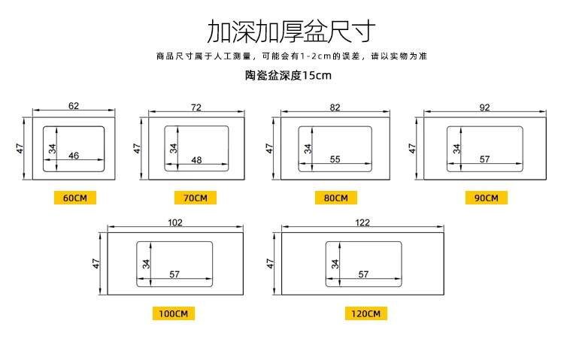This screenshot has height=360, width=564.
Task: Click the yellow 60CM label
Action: tap(75, 198)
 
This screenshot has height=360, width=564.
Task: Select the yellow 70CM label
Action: tap(195, 198)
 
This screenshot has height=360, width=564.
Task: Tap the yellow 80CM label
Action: tap(335, 198)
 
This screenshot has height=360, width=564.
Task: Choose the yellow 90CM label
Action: tap(486, 198)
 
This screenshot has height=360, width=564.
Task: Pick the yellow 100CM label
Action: tap(174, 313)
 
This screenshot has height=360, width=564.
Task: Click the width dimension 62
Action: tap(73, 106)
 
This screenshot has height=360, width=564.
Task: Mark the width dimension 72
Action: tap(196, 107)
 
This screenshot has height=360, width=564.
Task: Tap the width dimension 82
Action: tap(335, 107)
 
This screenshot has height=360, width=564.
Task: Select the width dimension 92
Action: tap(485, 107)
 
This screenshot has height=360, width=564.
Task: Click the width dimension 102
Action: tap(175, 222)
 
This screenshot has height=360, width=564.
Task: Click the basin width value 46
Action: tap(74, 156)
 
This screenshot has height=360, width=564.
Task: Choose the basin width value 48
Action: tap(197, 159)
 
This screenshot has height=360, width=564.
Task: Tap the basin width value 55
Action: tap(335, 159)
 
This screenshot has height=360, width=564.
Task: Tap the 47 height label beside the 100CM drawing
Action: tap(96, 264)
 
